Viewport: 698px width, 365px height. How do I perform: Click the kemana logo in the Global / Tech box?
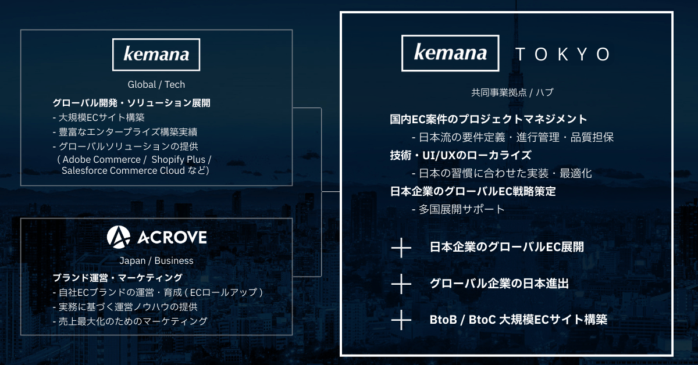tap(156, 55)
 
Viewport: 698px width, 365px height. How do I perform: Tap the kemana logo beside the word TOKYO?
tap(450, 53)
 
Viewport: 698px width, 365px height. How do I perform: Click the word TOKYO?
tap(562, 55)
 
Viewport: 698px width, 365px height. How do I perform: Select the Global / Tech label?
tap(156, 84)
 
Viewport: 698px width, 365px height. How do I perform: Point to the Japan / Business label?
tap(156, 260)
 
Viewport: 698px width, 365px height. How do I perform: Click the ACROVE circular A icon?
tap(118, 237)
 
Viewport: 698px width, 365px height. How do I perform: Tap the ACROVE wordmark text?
tap(172, 238)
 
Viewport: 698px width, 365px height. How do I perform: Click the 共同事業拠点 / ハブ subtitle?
tap(512, 92)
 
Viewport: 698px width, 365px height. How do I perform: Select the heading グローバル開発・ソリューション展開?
tap(131, 103)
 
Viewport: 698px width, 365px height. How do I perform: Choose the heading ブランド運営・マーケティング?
tap(117, 278)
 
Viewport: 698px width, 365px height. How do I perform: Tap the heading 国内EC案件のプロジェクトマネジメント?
tap(489, 120)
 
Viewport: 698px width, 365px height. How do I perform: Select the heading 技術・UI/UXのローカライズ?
tap(460, 155)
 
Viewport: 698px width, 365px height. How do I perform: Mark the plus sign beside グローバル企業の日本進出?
tap(401, 284)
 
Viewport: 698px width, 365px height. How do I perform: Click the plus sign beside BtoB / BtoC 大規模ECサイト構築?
tap(401, 319)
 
